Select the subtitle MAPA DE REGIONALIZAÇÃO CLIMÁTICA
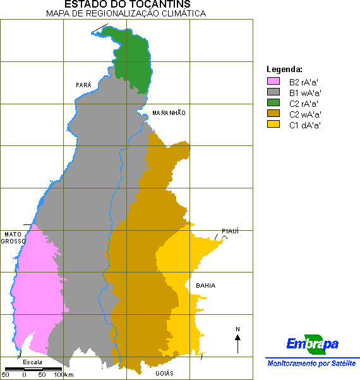tap(126, 13)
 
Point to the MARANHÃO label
tap(169, 113)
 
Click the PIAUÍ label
tap(231, 231)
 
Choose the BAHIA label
tap(205, 286)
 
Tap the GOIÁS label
tap(164, 373)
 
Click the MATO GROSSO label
tap(13, 238)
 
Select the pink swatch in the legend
tap(273, 82)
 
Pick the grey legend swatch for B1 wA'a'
tap(273, 92)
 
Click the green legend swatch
tap(273, 103)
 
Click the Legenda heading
tap(285, 69)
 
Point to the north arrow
tap(237, 342)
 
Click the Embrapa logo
tap(312, 344)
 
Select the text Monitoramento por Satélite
tap(311, 364)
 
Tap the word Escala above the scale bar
tap(33, 362)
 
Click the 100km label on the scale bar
tap(63, 375)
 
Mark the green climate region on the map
tap(135, 60)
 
